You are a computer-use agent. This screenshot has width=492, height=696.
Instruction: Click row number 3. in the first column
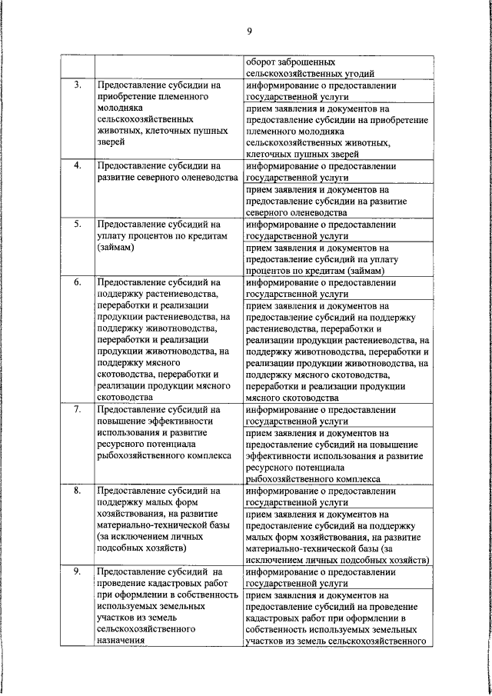(78, 85)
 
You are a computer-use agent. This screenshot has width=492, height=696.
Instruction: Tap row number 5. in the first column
(78, 225)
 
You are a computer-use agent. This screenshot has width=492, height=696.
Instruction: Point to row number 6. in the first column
(78, 283)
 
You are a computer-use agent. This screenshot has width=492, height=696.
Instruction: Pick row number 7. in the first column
(78, 410)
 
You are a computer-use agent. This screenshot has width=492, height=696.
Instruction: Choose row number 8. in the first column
(78, 490)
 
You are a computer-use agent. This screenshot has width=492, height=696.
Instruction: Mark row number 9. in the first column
(78, 571)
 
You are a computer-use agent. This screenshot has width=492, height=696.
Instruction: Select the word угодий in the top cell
(356, 74)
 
